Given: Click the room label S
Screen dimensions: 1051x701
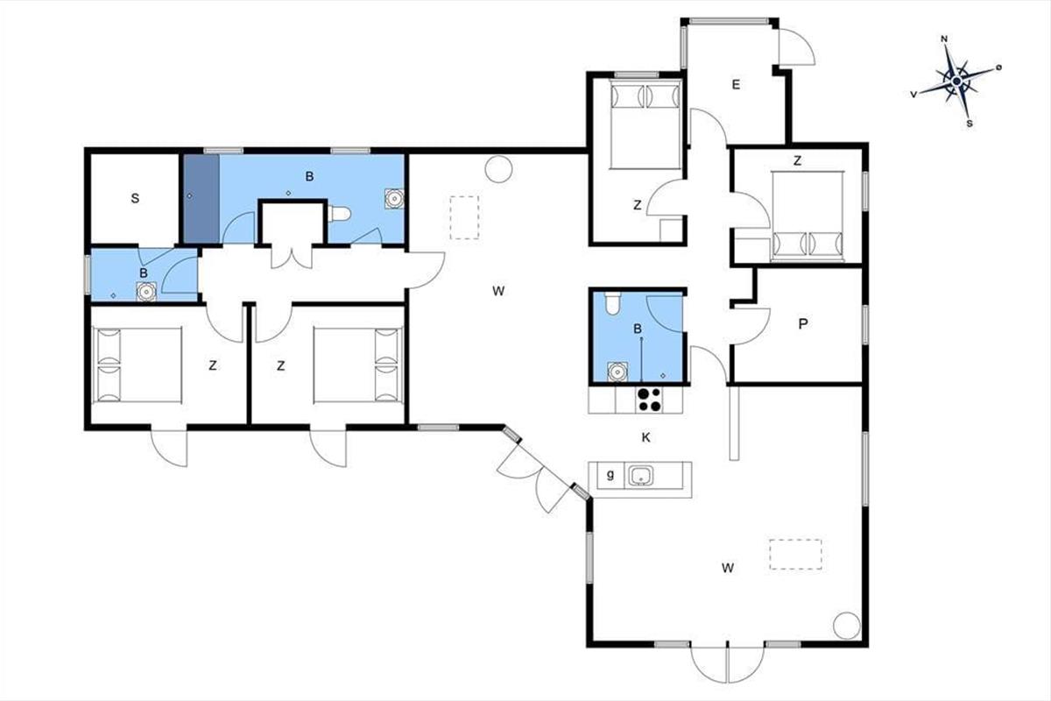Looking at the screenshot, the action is point(135,198).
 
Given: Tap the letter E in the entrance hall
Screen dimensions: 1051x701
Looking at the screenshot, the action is point(736,84).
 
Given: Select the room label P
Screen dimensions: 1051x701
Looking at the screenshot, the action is point(803,323).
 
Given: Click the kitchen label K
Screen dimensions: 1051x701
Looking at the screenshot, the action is point(646,437).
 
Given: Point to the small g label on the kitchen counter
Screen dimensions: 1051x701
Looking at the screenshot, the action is point(610,475).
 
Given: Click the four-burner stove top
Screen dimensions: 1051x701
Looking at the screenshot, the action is point(650,400).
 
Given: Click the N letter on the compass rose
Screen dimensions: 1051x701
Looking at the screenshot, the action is point(944,39).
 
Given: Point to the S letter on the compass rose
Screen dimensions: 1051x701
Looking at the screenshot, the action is point(970,124).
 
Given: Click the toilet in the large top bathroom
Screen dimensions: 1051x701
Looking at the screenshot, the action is point(339,214).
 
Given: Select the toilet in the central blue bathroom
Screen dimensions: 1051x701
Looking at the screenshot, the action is point(612,303).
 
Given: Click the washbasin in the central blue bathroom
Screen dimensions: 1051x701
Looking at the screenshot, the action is point(617,372).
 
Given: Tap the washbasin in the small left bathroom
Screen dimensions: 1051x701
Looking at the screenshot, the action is point(146,292).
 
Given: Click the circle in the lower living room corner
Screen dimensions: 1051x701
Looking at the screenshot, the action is point(847,626).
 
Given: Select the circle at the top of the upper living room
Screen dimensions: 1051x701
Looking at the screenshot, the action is point(498,169).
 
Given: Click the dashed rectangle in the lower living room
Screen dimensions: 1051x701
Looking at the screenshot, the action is point(795,555).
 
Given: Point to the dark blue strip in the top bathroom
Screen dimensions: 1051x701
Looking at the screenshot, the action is point(201,199).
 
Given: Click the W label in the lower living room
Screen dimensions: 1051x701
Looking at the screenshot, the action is point(728,568).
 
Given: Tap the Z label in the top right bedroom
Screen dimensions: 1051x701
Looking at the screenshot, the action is point(797,161).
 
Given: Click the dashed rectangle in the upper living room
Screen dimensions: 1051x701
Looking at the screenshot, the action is point(464,218).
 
